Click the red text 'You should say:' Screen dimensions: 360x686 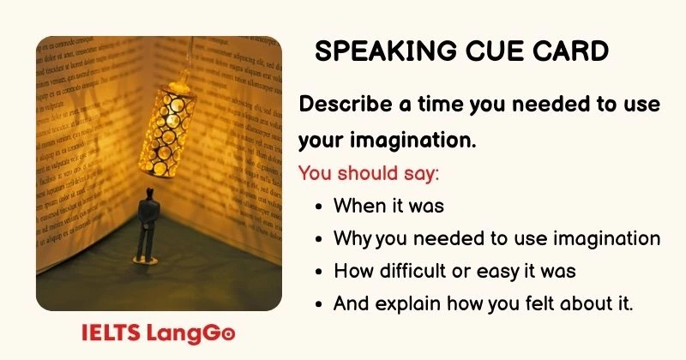369,172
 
